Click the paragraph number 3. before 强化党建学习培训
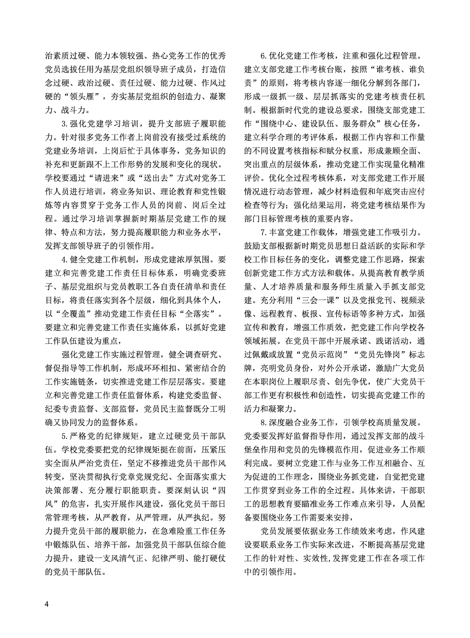point(65,124)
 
